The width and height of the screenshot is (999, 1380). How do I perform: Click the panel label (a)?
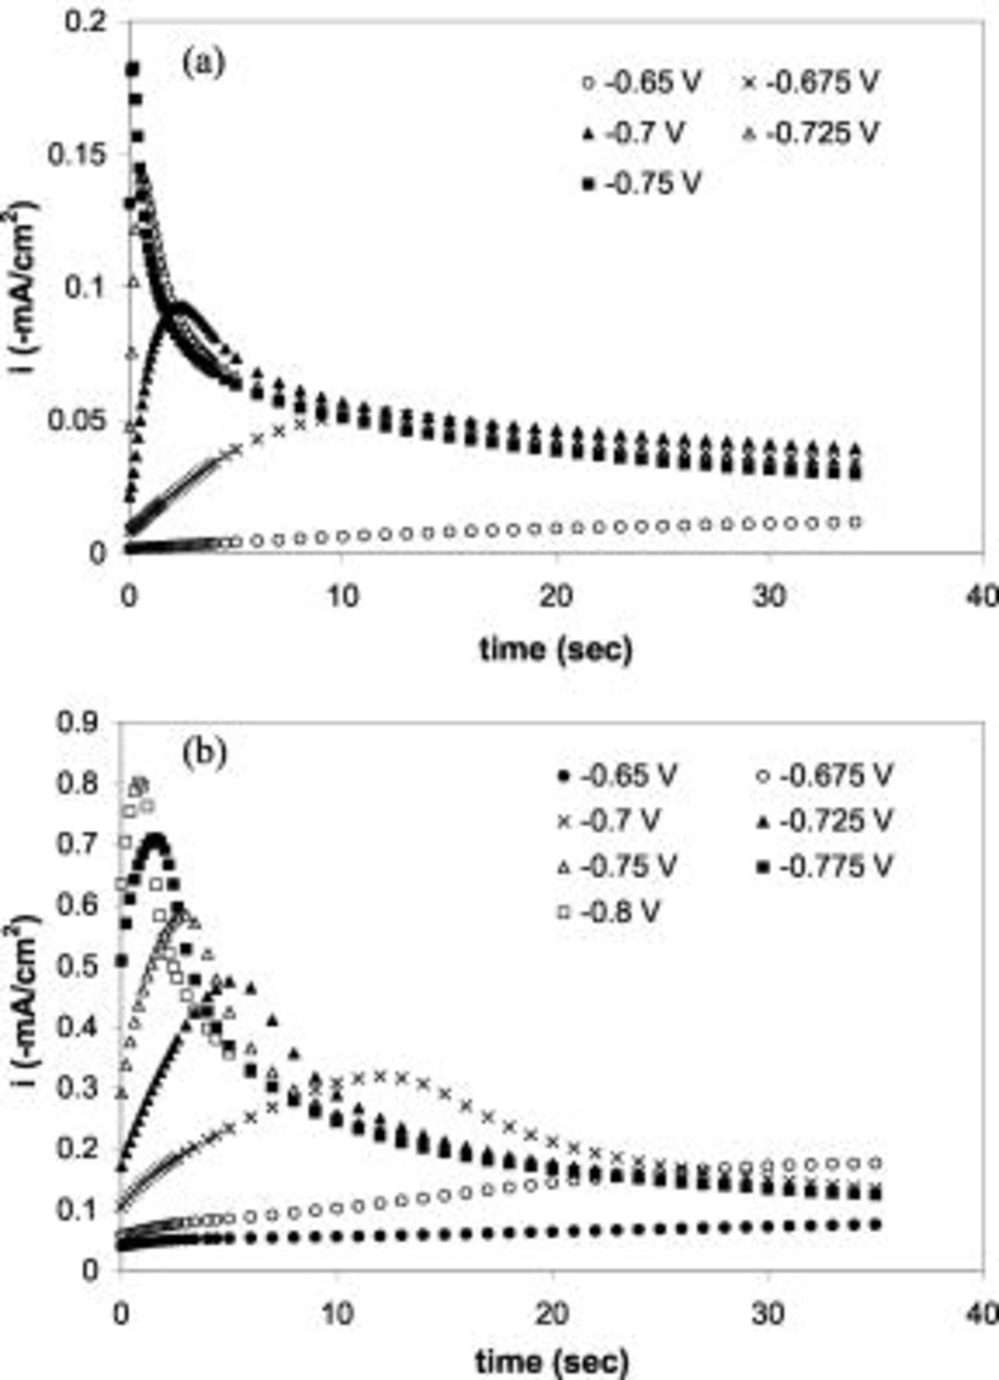(203, 63)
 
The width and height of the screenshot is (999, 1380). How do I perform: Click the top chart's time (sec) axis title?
(556, 649)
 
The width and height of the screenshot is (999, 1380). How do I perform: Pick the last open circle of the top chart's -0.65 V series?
(856, 522)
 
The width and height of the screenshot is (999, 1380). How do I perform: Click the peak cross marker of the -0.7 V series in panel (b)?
(380, 1076)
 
